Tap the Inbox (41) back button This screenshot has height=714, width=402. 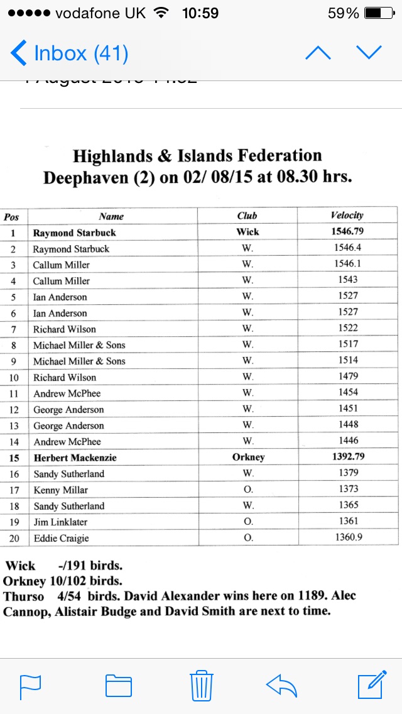(x=69, y=53)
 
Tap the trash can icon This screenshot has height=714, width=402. (x=202, y=685)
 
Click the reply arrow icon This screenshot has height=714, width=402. (x=281, y=685)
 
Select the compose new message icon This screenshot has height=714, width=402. (x=371, y=684)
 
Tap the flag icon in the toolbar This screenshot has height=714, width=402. (x=30, y=686)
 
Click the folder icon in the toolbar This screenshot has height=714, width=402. (x=118, y=685)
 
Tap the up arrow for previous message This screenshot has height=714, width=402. (x=318, y=53)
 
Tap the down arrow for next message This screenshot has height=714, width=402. (x=369, y=53)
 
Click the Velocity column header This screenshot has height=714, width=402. (x=347, y=216)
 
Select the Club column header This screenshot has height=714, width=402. (x=247, y=216)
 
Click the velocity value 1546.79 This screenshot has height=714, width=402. (x=347, y=231)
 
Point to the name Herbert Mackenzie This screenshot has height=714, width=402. (x=75, y=458)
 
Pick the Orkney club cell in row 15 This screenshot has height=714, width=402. (x=247, y=458)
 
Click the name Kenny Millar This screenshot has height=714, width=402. (x=60, y=490)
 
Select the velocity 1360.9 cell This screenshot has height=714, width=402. (x=347, y=537)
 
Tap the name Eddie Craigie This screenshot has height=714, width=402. (x=61, y=538)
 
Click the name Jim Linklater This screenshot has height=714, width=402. (x=60, y=522)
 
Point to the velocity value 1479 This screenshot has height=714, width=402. (x=347, y=376)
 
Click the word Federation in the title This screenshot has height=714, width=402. (x=272, y=156)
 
